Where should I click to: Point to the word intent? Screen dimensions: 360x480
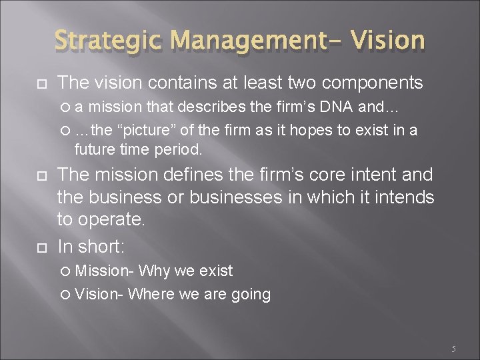(367, 176)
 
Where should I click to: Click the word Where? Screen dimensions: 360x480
(151, 294)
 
